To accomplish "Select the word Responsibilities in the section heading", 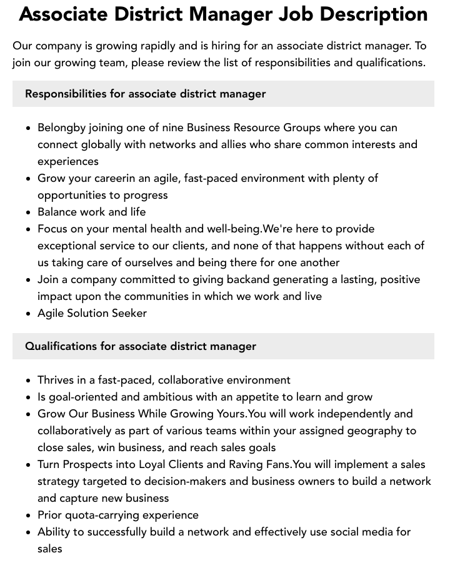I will click(66, 94).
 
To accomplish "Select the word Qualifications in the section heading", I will click(61, 346).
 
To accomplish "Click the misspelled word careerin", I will click(116, 178).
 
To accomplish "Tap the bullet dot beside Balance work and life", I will click(28, 212).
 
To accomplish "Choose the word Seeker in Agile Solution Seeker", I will click(129, 313).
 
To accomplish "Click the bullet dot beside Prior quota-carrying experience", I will click(28, 516).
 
